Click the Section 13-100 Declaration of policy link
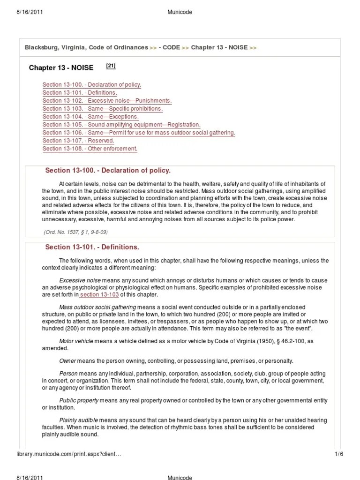pyautogui.click(x=91, y=85)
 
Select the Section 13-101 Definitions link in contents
pyautogui.click(x=80, y=93)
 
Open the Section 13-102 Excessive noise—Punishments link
pyautogui.click(x=107, y=101)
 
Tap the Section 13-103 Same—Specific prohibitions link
pyautogui.click(x=102, y=109)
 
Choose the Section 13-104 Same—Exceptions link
pyautogui.click(x=90, y=117)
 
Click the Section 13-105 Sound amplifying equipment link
pyautogui.click(x=121, y=125)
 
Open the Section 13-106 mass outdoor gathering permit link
pyautogui.click(x=139, y=133)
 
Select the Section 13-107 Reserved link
pyautogui.click(x=78, y=141)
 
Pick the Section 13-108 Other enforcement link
pyautogui.click(x=90, y=149)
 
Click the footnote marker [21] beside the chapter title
pyautogui.click(x=111, y=66)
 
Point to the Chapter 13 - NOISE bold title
pyautogui.click(x=61, y=68)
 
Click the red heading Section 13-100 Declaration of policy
pyautogui.click(x=107, y=170)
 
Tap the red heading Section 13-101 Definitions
pyautogui.click(x=92, y=247)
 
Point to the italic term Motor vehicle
pyautogui.click(x=76, y=342)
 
